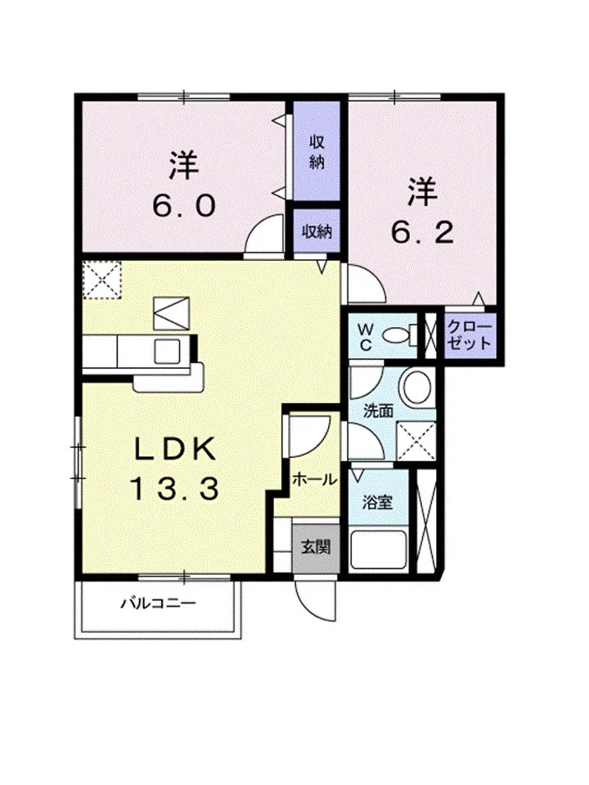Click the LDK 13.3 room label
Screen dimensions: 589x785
tap(175, 468)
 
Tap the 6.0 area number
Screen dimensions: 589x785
tap(184, 206)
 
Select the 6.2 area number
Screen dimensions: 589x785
tap(422, 232)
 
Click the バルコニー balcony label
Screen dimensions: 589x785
tap(158, 603)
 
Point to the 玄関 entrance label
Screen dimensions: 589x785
tap(316, 547)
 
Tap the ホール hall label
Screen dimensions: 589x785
tap(314, 480)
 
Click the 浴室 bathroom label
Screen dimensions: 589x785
tap(377, 502)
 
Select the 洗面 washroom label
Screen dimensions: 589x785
tap(378, 411)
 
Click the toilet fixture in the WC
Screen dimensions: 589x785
tap(400, 334)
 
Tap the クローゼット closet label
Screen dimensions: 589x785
tap(470, 335)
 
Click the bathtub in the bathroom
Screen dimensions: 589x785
tap(378, 549)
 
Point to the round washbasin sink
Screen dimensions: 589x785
tap(417, 388)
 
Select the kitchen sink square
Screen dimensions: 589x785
tap(167, 352)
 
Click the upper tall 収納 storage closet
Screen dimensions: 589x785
tap(317, 151)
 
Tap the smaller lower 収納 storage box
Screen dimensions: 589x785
tap(317, 231)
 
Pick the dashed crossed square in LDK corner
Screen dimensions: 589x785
tap(101, 280)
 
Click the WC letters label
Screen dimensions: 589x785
tap(366, 337)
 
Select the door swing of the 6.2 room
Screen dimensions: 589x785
tap(365, 284)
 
